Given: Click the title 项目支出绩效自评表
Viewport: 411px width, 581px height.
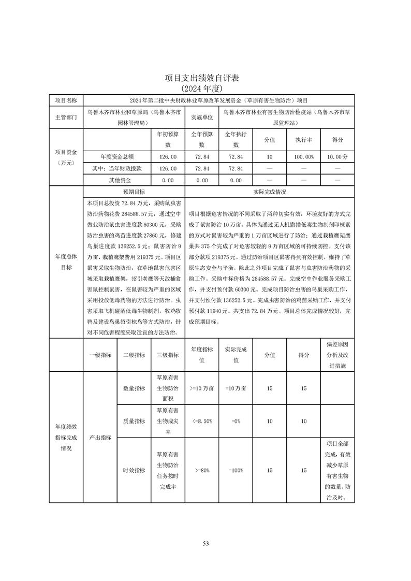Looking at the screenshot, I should [205, 78].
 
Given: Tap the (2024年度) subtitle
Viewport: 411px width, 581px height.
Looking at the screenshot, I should [205, 89].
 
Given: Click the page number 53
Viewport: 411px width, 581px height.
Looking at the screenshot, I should [205, 543].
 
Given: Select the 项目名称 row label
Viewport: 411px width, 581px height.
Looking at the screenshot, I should [66, 100].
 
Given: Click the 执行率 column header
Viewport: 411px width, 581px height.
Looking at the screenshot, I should [304, 140].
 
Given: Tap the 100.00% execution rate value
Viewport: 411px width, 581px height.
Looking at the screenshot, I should [304, 156].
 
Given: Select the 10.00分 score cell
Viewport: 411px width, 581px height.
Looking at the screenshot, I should [337, 156].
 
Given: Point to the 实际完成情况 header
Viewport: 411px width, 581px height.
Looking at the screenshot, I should [270, 191].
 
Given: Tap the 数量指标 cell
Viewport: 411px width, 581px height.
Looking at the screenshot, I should [134, 388].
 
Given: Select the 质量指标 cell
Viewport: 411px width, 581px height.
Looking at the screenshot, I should [134, 422].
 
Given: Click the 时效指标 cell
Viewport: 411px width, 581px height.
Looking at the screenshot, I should [134, 470].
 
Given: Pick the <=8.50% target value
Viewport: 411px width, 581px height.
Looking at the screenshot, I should [202, 422].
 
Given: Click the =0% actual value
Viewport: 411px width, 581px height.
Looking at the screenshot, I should [236, 422].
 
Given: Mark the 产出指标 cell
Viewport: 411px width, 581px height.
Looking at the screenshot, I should [100, 438].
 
